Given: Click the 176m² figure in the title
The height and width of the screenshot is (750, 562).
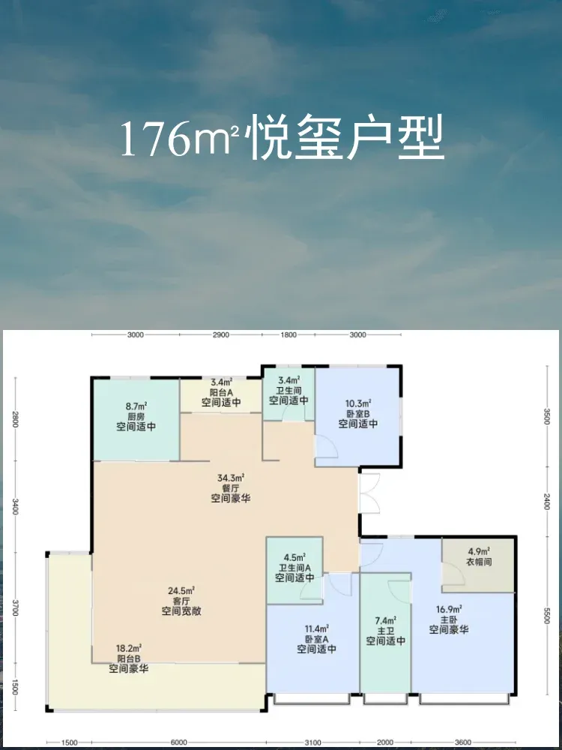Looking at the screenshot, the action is [180, 139].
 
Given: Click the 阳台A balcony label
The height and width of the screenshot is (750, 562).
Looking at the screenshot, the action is [221, 391].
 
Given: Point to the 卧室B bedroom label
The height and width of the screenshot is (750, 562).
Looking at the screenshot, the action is [358, 414].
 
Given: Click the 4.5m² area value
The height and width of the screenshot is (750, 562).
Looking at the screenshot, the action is [294, 557].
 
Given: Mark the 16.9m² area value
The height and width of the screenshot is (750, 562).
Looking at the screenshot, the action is [449, 609].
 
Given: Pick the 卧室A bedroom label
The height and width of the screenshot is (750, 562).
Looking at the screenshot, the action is [317, 638].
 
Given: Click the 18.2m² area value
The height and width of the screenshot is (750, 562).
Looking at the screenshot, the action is [128, 648].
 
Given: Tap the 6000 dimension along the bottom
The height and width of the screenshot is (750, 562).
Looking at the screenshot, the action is [179, 742].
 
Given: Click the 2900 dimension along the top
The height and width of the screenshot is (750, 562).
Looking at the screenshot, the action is [221, 334].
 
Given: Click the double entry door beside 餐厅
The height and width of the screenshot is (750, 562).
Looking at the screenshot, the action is [370, 493].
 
